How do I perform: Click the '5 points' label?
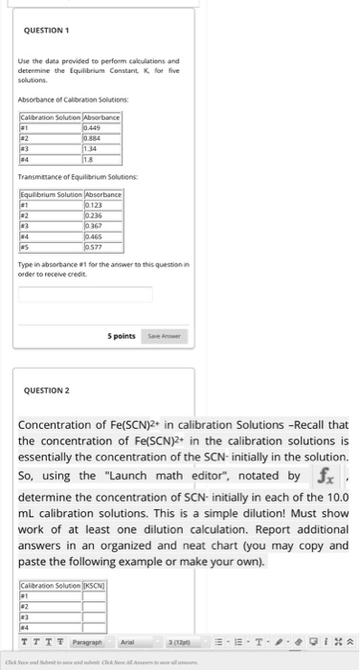(119, 336)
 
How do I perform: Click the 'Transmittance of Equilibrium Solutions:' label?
(73, 178)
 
